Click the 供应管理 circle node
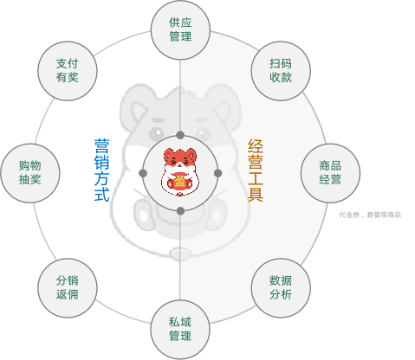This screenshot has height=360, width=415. (x=180, y=29)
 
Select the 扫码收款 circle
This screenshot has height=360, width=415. (x=281, y=71)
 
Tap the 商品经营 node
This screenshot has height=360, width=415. (x=330, y=173)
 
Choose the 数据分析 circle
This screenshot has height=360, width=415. (x=281, y=287)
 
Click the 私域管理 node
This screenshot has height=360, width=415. (x=180, y=330)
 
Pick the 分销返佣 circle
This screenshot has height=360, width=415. (x=68, y=287)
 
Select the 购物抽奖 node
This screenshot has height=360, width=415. (x=30, y=173)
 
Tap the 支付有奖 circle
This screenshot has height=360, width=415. (x=68, y=71)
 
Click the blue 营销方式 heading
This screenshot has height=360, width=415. (x=101, y=170)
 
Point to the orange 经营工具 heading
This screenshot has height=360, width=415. (x=256, y=170)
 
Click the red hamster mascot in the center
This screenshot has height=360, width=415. (x=180, y=172)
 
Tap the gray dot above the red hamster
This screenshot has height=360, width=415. (x=180, y=135)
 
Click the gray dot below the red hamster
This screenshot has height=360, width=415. (x=180, y=211)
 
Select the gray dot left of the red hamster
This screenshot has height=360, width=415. (x=143, y=173)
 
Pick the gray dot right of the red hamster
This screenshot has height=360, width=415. (x=218, y=173)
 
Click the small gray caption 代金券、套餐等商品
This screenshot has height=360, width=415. (x=370, y=215)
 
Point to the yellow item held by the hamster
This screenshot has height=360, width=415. (x=180, y=181)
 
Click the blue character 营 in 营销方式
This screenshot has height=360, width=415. (x=101, y=146)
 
